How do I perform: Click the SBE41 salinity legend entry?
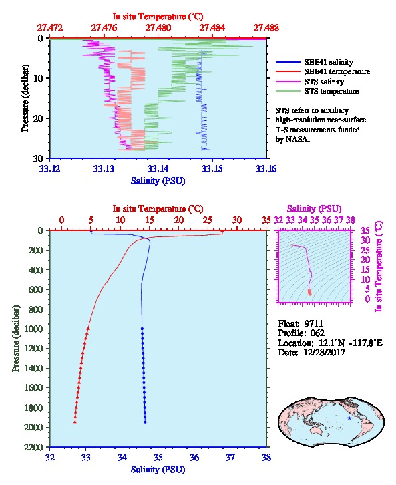[x=329, y=62]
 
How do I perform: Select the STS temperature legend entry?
[x=331, y=92]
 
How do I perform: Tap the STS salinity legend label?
[x=324, y=82]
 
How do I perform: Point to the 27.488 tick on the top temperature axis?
[x=266, y=28]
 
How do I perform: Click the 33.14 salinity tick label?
[x=158, y=169]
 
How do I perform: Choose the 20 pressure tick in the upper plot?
[x=41, y=118]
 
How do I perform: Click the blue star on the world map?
[x=349, y=418]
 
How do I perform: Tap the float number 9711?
[x=313, y=324]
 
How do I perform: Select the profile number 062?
[x=317, y=333]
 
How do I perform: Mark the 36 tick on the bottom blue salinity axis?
[x=194, y=457]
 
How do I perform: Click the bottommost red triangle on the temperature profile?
[x=75, y=422]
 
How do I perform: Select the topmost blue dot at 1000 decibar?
[x=142, y=329]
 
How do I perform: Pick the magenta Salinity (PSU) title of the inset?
[x=314, y=209]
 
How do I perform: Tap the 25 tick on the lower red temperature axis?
[x=208, y=220]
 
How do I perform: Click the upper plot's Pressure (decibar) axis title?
[x=25, y=98]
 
